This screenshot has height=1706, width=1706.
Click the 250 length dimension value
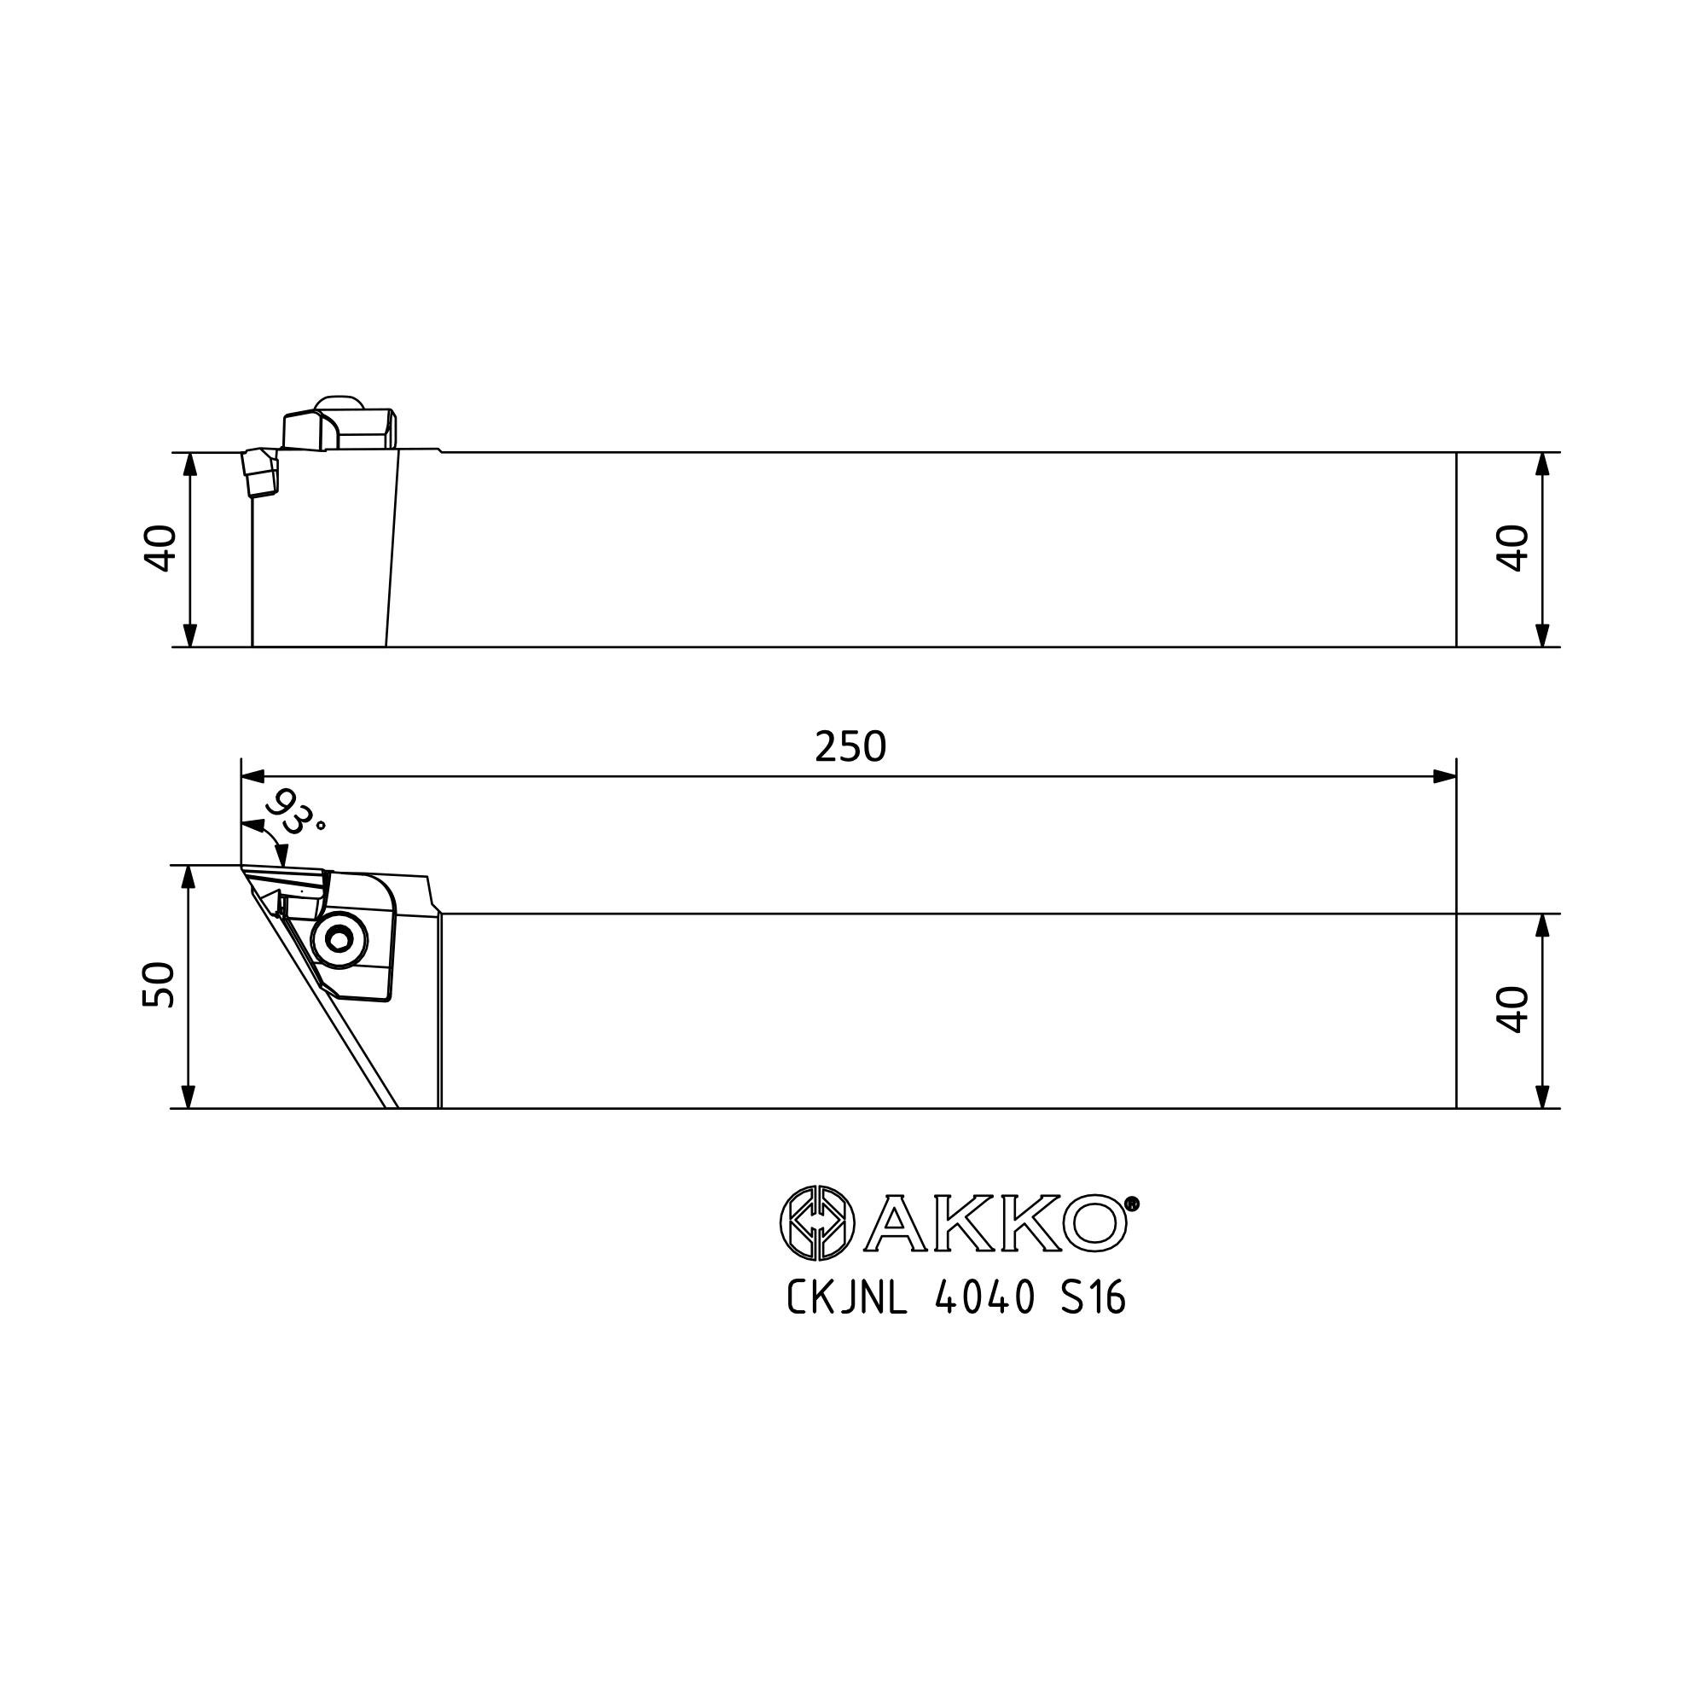(x=850, y=747)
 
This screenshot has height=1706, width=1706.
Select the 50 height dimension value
(x=159, y=984)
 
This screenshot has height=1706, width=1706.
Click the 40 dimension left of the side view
(x=160, y=548)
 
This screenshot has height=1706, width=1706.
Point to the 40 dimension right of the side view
(x=1512, y=548)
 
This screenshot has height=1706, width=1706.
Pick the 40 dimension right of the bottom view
(x=1512, y=1009)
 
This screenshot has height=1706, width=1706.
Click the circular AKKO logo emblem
(x=817, y=1223)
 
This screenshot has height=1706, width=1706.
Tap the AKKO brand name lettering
(x=995, y=1224)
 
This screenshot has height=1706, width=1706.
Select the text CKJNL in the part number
(x=847, y=1298)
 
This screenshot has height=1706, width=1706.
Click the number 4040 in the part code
(x=984, y=1298)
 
